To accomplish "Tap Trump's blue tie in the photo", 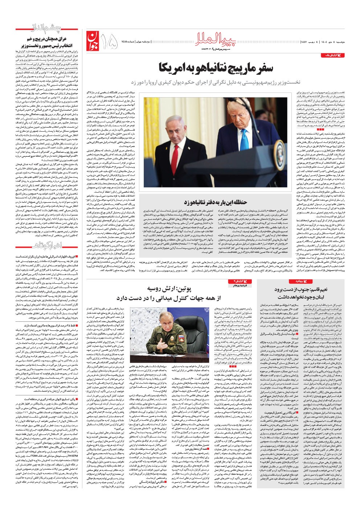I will click(245, 152).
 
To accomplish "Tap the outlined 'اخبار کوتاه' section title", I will click(50, 246).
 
